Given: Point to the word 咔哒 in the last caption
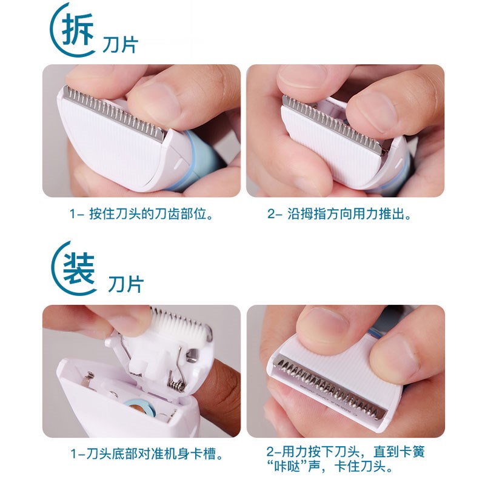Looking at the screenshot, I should (289, 467).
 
